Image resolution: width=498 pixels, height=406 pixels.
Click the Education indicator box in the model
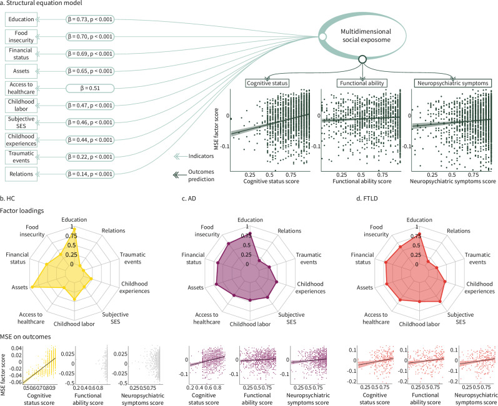(x=22, y=19)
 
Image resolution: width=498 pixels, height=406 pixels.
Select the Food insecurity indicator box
(x=22, y=36)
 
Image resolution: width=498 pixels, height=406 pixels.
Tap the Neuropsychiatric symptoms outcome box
(x=452, y=83)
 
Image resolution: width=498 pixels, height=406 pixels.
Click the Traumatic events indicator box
(x=22, y=156)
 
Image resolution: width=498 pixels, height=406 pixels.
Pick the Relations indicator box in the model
(x=22, y=172)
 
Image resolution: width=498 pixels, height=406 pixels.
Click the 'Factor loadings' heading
(x=24, y=212)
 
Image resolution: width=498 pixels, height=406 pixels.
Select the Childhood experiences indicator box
(x=22, y=139)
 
